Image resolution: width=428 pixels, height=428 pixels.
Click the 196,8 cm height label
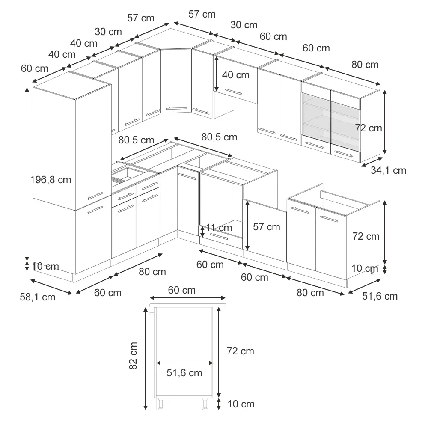pyautogui.click(x=51, y=180)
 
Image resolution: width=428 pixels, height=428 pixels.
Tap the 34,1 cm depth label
pyautogui.click(x=388, y=170)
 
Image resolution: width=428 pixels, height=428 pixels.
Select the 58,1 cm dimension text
pyautogui.click(x=38, y=297)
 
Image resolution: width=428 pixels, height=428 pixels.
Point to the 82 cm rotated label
pyautogui.click(x=133, y=356)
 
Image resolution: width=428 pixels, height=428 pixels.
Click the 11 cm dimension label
pyautogui.click(x=219, y=228)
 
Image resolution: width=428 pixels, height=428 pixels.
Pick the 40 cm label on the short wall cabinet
pyautogui.click(x=235, y=75)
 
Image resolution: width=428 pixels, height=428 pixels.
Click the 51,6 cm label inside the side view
pyautogui.click(x=184, y=373)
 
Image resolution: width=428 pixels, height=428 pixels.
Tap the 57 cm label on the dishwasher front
pyautogui.click(x=266, y=227)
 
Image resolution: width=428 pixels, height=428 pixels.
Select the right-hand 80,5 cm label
pyautogui.click(x=219, y=137)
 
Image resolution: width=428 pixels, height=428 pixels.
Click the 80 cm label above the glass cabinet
pyautogui.click(x=365, y=65)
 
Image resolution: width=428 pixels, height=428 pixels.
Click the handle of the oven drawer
pyautogui.click(x=219, y=237)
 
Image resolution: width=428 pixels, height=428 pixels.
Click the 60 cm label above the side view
pyautogui.click(x=182, y=290)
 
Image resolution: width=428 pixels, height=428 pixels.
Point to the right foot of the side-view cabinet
pyautogui.click(x=205, y=404)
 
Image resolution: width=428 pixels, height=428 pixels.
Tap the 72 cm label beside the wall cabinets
pyautogui.click(x=369, y=128)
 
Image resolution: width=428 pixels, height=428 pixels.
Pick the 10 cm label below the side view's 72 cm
pyautogui.click(x=241, y=404)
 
